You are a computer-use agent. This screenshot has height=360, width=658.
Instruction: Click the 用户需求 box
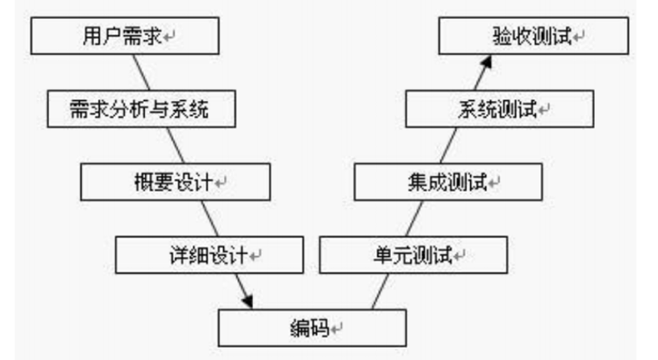tap(124, 36)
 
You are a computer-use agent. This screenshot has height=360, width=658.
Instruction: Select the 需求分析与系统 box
tap(140, 109)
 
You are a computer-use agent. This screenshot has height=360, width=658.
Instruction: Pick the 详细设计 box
tap(209, 255)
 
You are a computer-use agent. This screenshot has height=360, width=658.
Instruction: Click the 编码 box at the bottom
tap(312, 328)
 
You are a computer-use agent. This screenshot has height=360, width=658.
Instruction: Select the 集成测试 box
tap(448, 182)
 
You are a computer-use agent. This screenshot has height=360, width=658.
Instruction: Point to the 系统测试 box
tap(500, 109)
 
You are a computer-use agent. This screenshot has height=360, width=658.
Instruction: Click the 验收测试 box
tap(533, 36)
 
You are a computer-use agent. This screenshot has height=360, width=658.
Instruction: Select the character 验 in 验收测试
tap(500, 36)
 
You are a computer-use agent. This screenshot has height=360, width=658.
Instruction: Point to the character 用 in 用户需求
tap(87, 36)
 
